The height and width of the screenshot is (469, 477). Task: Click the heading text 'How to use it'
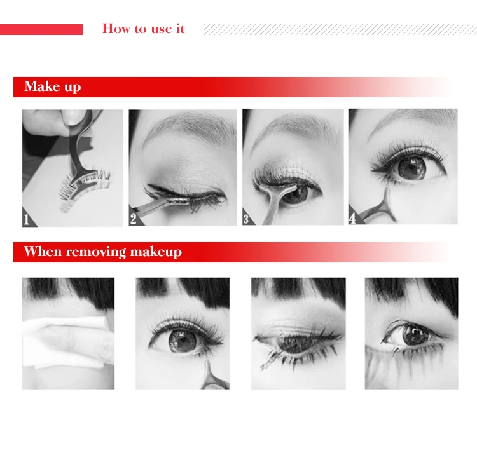(x=143, y=29)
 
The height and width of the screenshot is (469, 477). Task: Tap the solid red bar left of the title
(x=41, y=29)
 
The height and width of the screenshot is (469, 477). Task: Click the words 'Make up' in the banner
(x=53, y=86)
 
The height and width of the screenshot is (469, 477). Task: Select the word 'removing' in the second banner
(x=96, y=252)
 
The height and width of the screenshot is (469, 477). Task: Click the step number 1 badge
(x=27, y=219)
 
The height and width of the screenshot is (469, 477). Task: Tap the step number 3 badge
(x=247, y=218)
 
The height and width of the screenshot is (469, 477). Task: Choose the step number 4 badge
(x=354, y=217)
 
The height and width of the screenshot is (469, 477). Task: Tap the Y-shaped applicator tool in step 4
(x=380, y=208)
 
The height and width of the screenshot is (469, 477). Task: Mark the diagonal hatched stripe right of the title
(x=340, y=29)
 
